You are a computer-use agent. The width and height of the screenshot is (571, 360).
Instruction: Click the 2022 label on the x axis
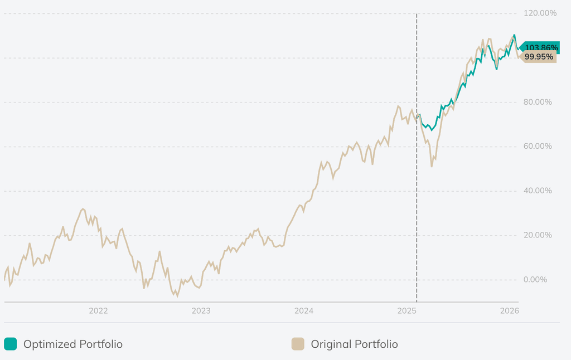(x=98, y=310)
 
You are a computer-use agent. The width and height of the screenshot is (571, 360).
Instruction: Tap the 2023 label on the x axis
(x=201, y=310)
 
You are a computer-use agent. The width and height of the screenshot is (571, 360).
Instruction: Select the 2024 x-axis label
(x=304, y=310)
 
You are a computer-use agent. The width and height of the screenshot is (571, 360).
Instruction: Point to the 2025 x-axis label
(x=407, y=310)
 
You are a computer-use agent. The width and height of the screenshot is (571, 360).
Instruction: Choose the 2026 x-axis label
(x=510, y=310)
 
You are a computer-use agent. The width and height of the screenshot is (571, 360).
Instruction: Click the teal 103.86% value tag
(x=540, y=48)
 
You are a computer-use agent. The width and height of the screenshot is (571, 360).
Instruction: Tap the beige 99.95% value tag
(x=539, y=57)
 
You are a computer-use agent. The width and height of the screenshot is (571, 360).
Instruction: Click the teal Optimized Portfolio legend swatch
(x=10, y=344)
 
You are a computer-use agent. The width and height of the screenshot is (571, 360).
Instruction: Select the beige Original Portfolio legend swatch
(x=298, y=344)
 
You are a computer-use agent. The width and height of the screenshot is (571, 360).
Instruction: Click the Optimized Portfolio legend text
(x=72, y=344)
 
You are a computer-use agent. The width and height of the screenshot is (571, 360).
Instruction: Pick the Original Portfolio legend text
(x=354, y=344)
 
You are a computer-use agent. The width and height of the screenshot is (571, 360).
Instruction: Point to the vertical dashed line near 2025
(x=417, y=167)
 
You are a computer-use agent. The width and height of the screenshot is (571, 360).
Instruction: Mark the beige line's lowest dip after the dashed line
(x=432, y=166)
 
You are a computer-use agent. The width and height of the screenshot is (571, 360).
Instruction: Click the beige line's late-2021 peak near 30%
(x=83, y=209)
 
